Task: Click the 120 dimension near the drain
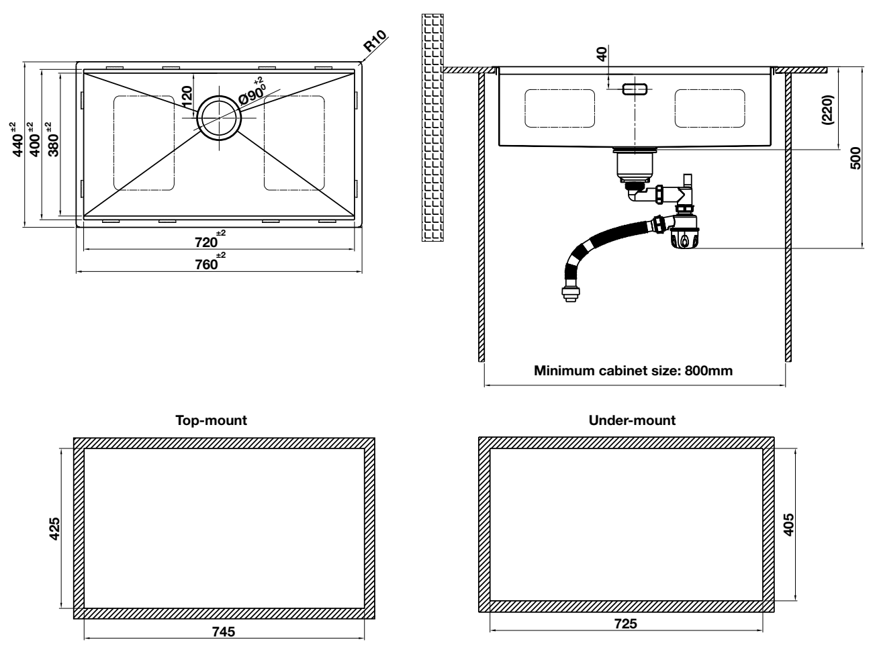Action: point(187,98)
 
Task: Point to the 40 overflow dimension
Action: point(602,54)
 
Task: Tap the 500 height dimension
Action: point(855,158)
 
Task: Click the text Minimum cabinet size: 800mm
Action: point(633,371)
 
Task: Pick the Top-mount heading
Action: point(211,421)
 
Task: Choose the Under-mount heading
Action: point(631,421)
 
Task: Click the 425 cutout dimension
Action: point(55,528)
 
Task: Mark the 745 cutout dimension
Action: point(224,632)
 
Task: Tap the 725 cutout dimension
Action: point(626,624)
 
